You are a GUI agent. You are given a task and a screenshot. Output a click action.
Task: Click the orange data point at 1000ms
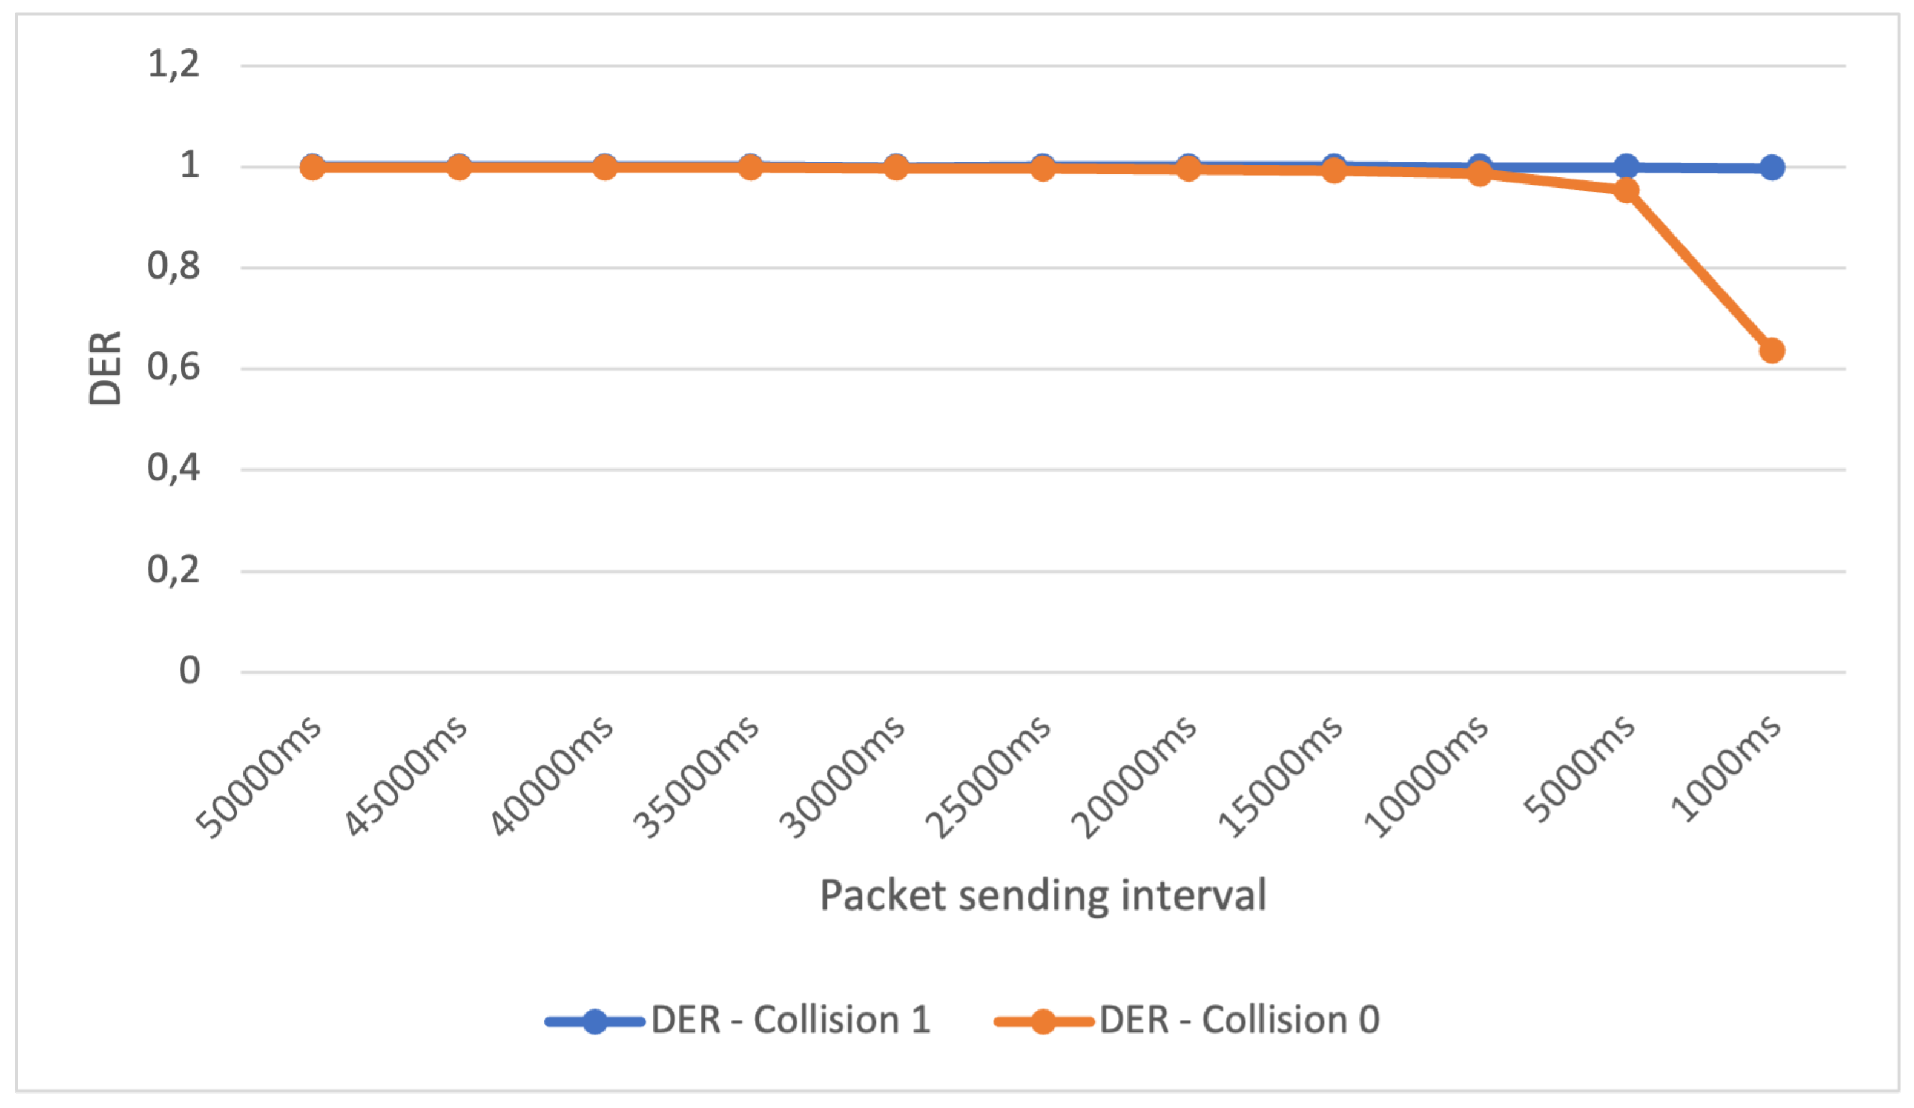pos(1772,351)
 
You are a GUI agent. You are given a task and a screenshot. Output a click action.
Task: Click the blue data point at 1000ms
pos(1772,167)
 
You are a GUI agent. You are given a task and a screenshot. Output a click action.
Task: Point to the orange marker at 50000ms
pos(312,167)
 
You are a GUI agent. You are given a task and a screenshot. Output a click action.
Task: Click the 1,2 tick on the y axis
pos(174,64)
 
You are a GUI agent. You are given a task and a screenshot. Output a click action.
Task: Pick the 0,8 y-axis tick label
pos(174,266)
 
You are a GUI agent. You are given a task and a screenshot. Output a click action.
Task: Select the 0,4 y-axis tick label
pos(174,468)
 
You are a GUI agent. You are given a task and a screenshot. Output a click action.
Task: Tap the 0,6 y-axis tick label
pos(174,368)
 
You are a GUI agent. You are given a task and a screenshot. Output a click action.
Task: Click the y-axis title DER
pos(105,368)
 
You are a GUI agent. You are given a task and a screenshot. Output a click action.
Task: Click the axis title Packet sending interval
pos(1043,895)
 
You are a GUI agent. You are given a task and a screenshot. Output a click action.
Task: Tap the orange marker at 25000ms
pos(1043,168)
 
